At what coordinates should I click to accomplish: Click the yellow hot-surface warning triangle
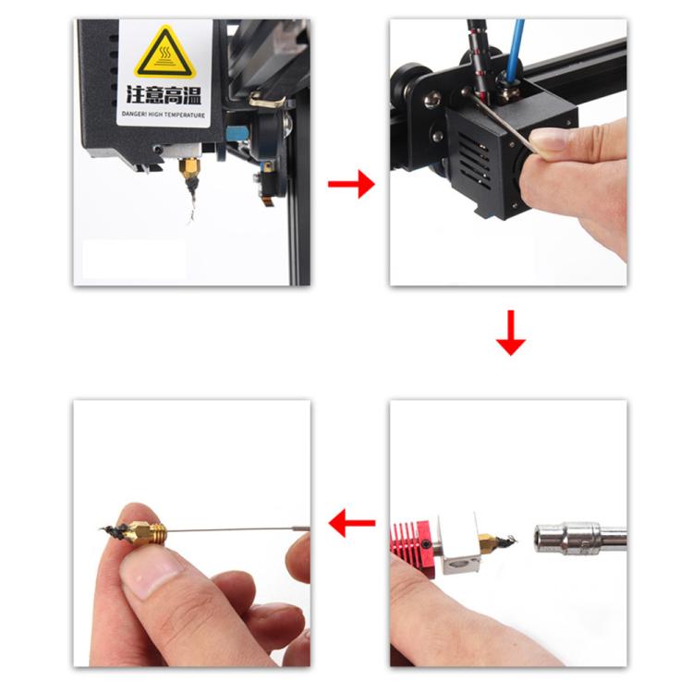click(x=164, y=54)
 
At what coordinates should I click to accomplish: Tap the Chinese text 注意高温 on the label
click(x=164, y=95)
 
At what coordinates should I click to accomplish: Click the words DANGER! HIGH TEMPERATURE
click(x=164, y=115)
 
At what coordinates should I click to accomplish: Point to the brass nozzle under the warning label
click(x=188, y=167)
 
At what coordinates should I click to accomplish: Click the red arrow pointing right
click(x=351, y=184)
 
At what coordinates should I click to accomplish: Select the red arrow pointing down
click(x=511, y=333)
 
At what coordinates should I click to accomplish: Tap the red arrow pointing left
click(x=352, y=522)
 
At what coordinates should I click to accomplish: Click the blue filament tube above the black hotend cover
click(x=516, y=50)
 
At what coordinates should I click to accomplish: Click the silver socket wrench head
click(x=580, y=538)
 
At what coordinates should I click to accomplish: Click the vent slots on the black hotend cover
click(x=474, y=160)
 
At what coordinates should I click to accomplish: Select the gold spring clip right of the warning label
click(x=266, y=101)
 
